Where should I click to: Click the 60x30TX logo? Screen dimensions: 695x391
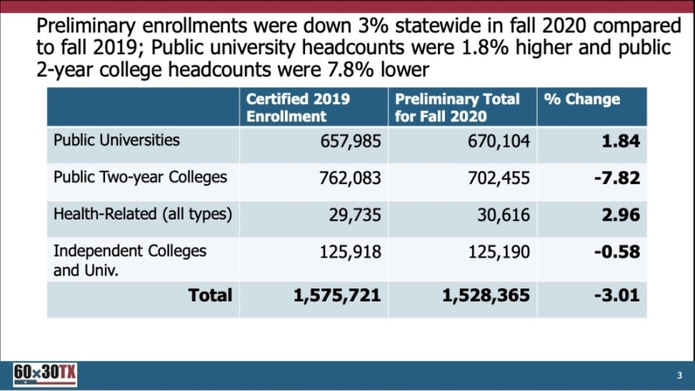pyautogui.click(x=45, y=375)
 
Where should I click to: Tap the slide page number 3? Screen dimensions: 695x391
pyautogui.click(x=680, y=376)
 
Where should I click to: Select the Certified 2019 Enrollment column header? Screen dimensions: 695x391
pyautogui.click(x=298, y=107)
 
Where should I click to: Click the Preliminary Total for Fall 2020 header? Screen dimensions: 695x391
pyautogui.click(x=457, y=107)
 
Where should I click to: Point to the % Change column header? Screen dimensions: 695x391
pyautogui.click(x=581, y=100)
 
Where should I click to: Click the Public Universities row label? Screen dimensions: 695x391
pyautogui.click(x=117, y=140)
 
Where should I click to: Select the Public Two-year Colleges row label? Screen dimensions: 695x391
pyautogui.click(x=140, y=177)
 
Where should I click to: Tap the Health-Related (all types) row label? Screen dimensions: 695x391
pyautogui.click(x=143, y=214)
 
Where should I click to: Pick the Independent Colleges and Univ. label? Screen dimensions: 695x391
pyautogui.click(x=130, y=260)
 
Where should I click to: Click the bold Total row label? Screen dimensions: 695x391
pyautogui.click(x=210, y=295)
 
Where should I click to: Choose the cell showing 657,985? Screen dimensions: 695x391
pyautogui.click(x=351, y=141)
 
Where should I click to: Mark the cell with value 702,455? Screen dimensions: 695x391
pyautogui.click(x=499, y=178)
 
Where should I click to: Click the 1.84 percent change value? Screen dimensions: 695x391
pyautogui.click(x=621, y=141)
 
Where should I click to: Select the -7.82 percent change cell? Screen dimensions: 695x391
pyautogui.click(x=617, y=178)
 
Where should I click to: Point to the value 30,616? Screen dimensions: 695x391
pyautogui.click(x=503, y=215)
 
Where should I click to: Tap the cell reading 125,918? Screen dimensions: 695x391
pyautogui.click(x=351, y=252)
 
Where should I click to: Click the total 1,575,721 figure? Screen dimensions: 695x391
pyautogui.click(x=337, y=296)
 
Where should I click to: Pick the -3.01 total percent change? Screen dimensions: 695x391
pyautogui.click(x=617, y=295)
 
